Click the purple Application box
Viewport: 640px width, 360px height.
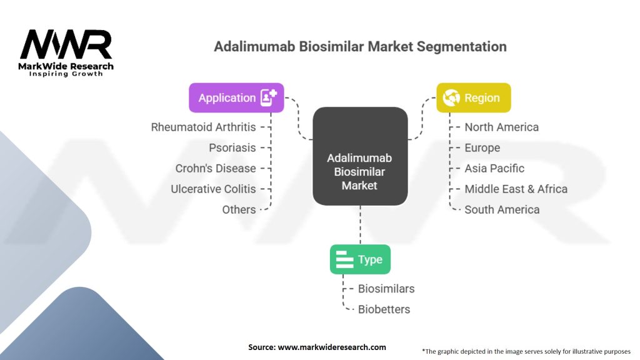(236, 97)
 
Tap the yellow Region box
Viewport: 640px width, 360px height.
(474, 97)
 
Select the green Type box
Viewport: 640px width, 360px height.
(360, 259)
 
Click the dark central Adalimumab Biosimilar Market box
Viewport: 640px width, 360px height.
(360, 156)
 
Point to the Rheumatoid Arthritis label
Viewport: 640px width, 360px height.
(203, 127)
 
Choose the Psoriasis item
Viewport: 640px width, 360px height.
(232, 147)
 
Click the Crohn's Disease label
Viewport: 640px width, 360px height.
(216, 168)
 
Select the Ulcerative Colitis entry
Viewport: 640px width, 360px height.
(213, 189)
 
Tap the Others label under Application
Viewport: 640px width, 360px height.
(239, 209)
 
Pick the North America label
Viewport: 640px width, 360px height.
(502, 127)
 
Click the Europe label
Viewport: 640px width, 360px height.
(482, 147)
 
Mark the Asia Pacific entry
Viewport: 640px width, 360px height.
(494, 168)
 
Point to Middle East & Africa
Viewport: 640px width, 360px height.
(516, 189)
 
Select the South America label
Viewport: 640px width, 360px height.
(502, 209)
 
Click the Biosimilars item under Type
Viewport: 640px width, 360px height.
(386, 289)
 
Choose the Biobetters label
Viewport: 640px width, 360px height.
(384, 309)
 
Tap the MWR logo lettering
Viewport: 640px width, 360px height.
(66, 44)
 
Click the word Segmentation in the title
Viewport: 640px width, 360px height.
(462, 46)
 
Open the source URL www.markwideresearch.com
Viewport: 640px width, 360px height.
(332, 347)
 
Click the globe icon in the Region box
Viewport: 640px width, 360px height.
(451, 97)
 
